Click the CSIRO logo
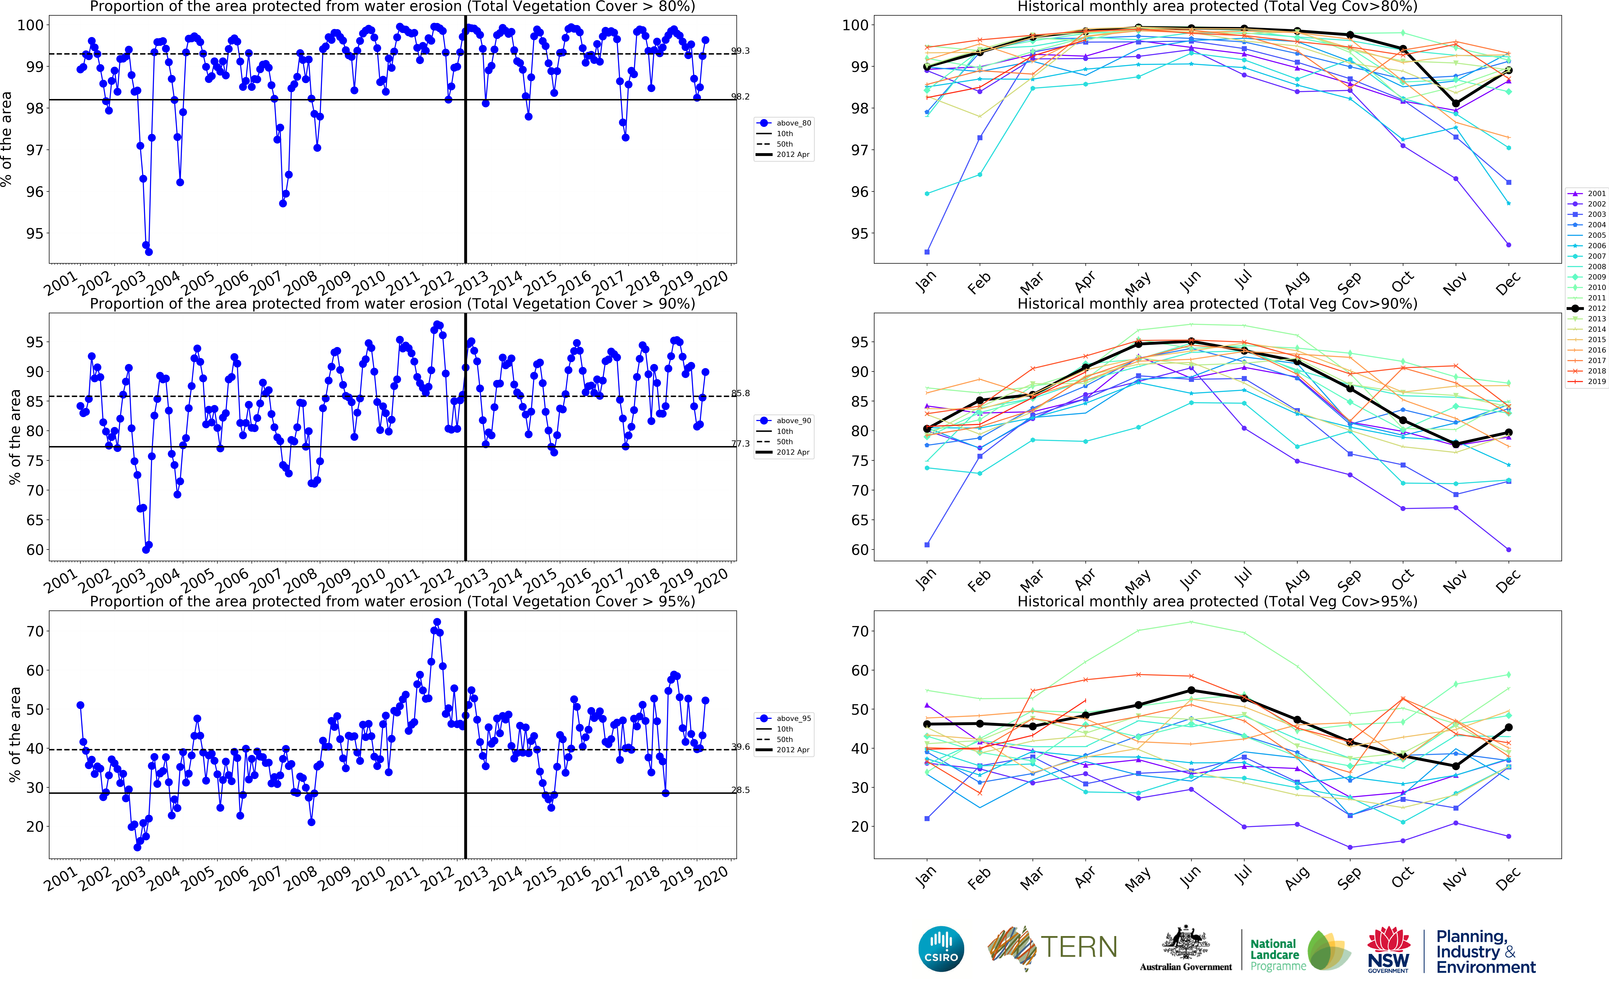(941, 949)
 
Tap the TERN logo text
(1079, 947)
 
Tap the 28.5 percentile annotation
(741, 790)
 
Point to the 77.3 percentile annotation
(741, 444)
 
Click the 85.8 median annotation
(741, 393)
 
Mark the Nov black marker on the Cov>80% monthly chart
(1456, 103)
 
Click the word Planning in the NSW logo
(1471, 937)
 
